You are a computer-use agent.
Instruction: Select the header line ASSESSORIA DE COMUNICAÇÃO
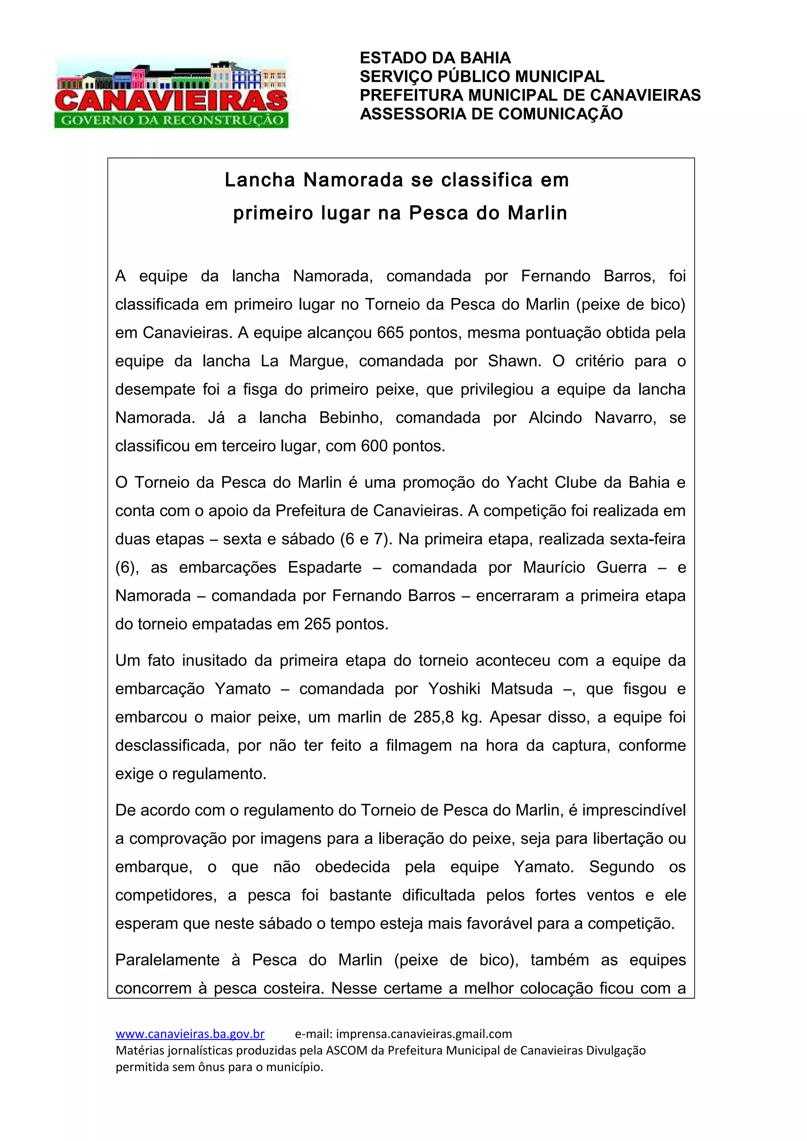pos(491,114)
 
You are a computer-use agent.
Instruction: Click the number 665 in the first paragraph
pos(390,332)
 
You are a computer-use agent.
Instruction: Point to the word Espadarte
pos(325,567)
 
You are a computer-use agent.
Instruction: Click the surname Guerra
pos(621,567)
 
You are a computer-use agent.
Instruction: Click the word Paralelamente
pos(167,959)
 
